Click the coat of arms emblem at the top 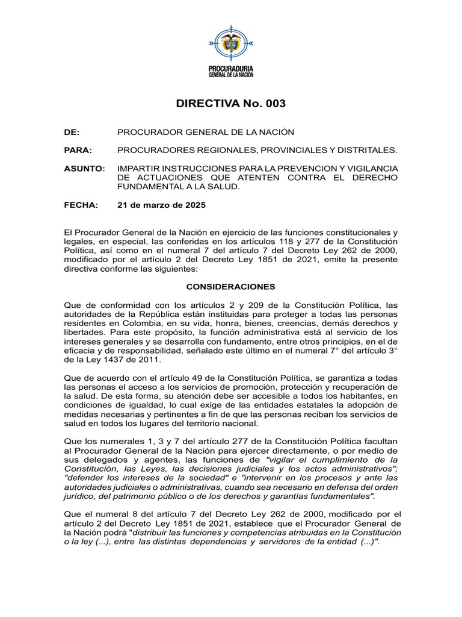(x=231, y=43)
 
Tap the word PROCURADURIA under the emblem (x=231, y=69)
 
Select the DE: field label (x=72, y=132)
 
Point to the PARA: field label (x=78, y=149)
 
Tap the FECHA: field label (x=81, y=205)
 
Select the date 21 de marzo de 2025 (x=161, y=205)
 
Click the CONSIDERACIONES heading (x=231, y=287)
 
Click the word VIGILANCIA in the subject (x=370, y=168)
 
